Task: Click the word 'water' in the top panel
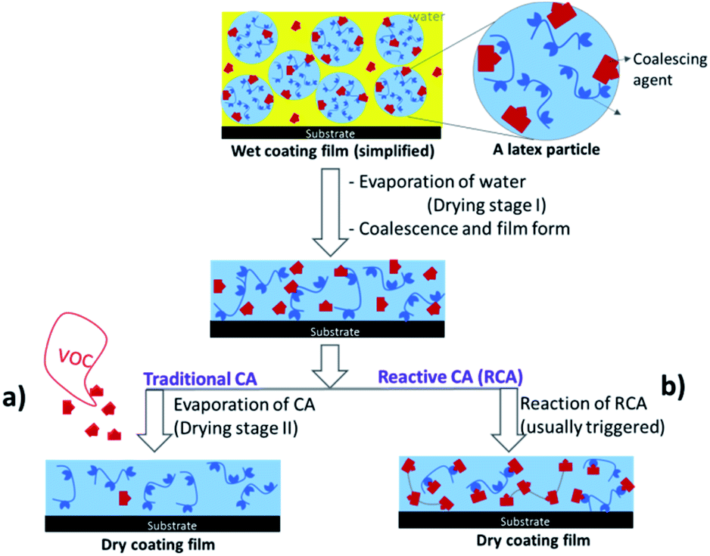tap(427, 17)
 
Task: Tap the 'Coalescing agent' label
tap(670, 70)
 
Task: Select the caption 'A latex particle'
tap(546, 149)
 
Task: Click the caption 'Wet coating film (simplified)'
tap(333, 151)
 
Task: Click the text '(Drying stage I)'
tap(487, 206)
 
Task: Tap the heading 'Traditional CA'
tap(200, 379)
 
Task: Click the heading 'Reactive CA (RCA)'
tap(450, 377)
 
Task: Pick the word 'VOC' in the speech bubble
tap(76, 357)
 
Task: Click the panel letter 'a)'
tap(14, 398)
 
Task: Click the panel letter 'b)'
tap(674, 386)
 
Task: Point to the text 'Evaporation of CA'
tap(244, 405)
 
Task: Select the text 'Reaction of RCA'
tap(583, 403)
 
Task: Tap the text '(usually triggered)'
tap(592, 427)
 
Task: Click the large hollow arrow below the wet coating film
tap(330, 213)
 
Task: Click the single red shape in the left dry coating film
tap(125, 498)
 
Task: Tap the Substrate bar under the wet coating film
tap(331, 132)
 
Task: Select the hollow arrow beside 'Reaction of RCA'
tap(508, 419)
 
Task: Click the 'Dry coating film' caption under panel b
tap(533, 540)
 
